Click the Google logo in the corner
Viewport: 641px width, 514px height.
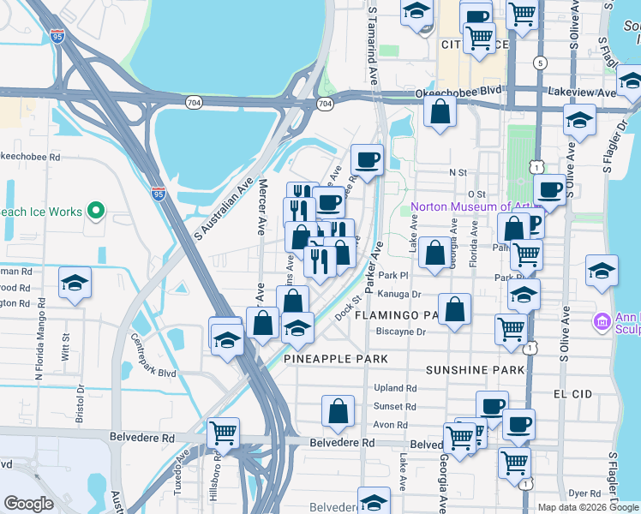pos(28,504)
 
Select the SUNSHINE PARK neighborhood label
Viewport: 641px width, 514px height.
pos(475,370)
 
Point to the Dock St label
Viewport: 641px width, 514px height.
pos(345,306)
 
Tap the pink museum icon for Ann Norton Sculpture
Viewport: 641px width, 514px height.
pos(602,322)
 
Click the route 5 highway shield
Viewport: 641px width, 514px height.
pos(539,63)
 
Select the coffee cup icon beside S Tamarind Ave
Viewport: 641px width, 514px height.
pos(367,159)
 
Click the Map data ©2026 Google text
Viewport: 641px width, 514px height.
pos(587,507)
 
